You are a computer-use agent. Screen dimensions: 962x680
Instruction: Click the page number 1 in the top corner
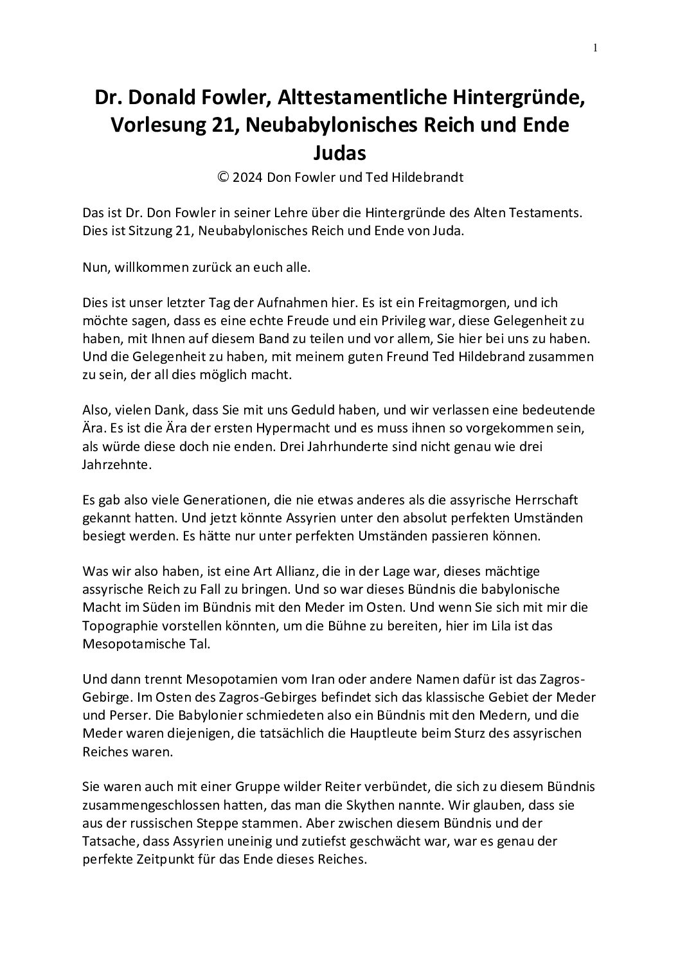(x=596, y=48)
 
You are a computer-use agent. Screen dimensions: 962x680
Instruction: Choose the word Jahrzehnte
(x=118, y=464)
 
